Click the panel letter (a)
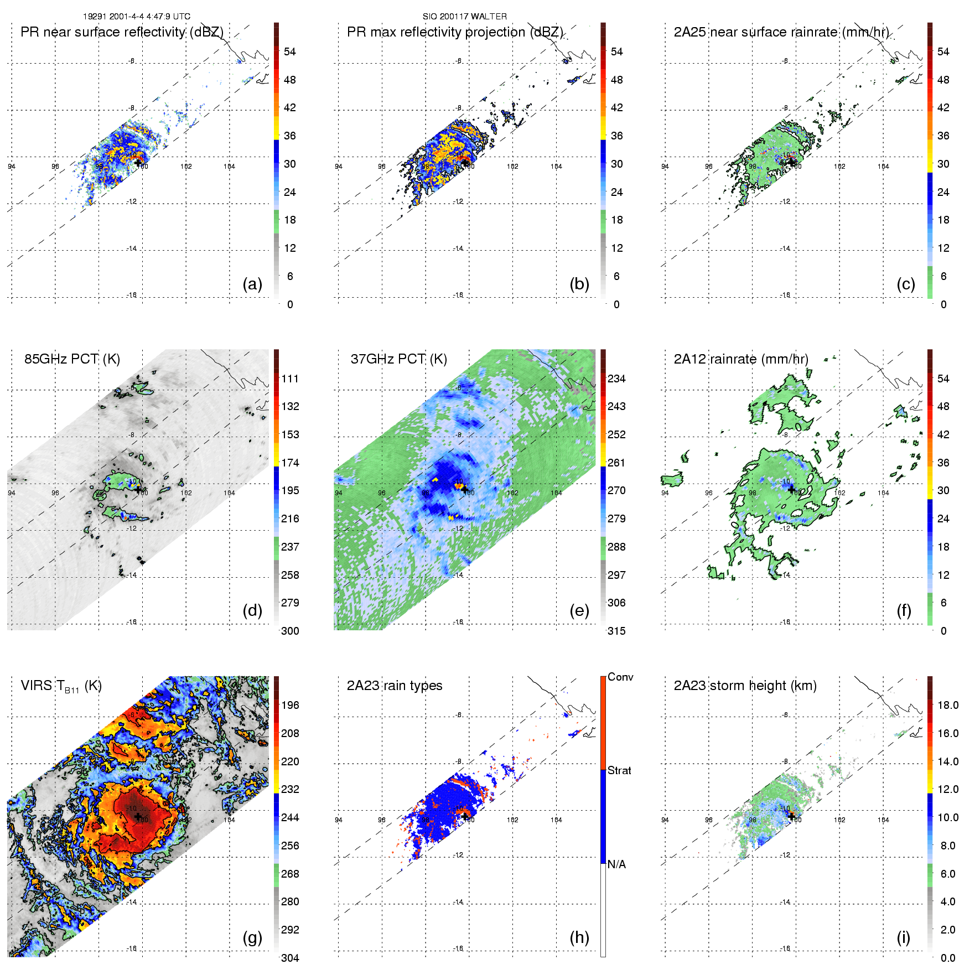pos(252,284)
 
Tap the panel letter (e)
pos(579,611)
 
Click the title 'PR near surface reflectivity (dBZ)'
pos(122,32)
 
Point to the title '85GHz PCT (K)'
pos(72,359)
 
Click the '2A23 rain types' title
pos(395,686)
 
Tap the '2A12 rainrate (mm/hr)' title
pos(741,359)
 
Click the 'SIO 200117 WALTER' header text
pos(465,17)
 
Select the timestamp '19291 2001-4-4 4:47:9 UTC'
pos(137,17)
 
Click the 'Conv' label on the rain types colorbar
pos(620,677)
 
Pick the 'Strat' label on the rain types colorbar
pos(619,770)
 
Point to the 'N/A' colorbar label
pos(616,864)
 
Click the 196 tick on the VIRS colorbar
pos(290,705)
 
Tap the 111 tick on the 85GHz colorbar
pos(290,378)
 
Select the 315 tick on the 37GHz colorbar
pos(616,631)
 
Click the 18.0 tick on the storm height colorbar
pos(948,705)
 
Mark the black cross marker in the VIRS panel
pos(138,817)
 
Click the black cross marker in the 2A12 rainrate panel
pos(791,490)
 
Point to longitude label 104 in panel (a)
pos(229,166)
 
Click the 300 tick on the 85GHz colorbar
pos(290,631)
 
